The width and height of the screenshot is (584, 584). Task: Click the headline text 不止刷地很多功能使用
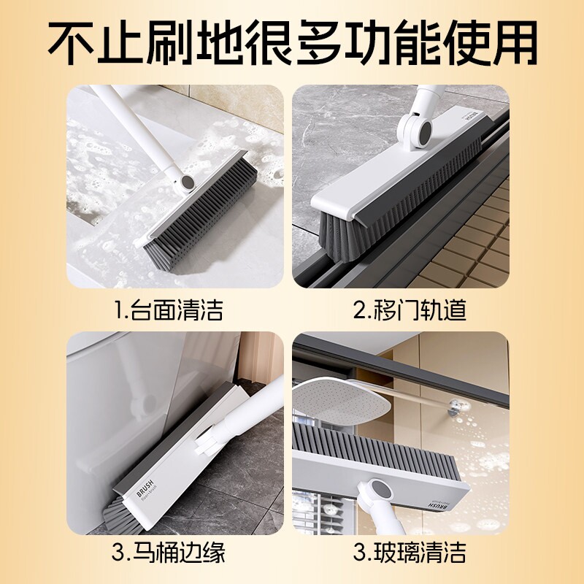293,42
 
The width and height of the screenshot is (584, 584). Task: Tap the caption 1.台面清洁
168,310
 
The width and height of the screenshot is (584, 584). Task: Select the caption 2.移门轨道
410,310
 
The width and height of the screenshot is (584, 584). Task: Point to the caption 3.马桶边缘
169,552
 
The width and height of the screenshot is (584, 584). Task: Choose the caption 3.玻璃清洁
410,552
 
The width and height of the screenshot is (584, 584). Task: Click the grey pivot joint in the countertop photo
188,182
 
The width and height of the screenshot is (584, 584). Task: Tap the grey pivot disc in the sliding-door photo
425,130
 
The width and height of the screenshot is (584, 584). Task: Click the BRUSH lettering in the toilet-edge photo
145,488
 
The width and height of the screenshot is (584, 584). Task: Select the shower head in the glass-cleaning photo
341,399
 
